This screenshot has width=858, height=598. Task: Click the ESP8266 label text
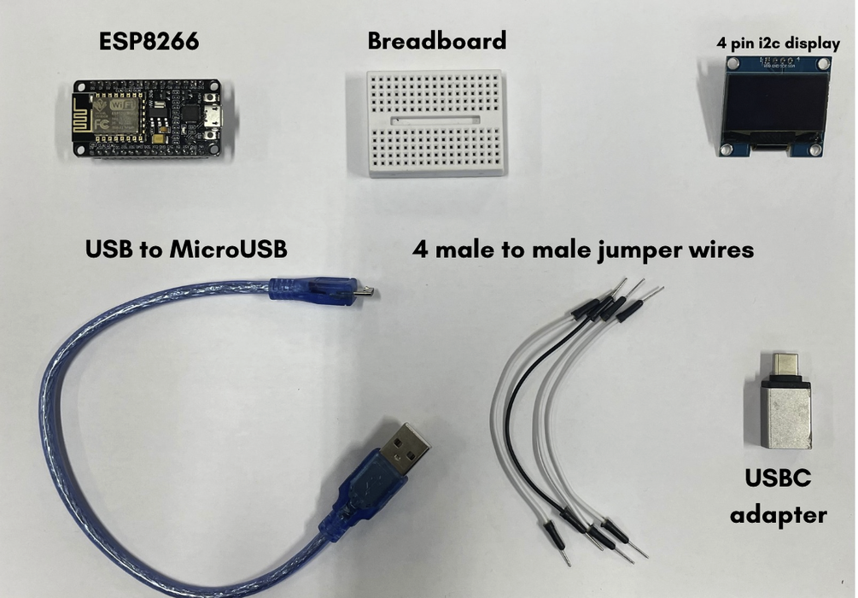(149, 41)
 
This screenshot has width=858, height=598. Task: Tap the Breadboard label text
(436, 40)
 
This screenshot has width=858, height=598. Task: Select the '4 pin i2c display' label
(778, 43)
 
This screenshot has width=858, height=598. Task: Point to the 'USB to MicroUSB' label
(186, 249)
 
